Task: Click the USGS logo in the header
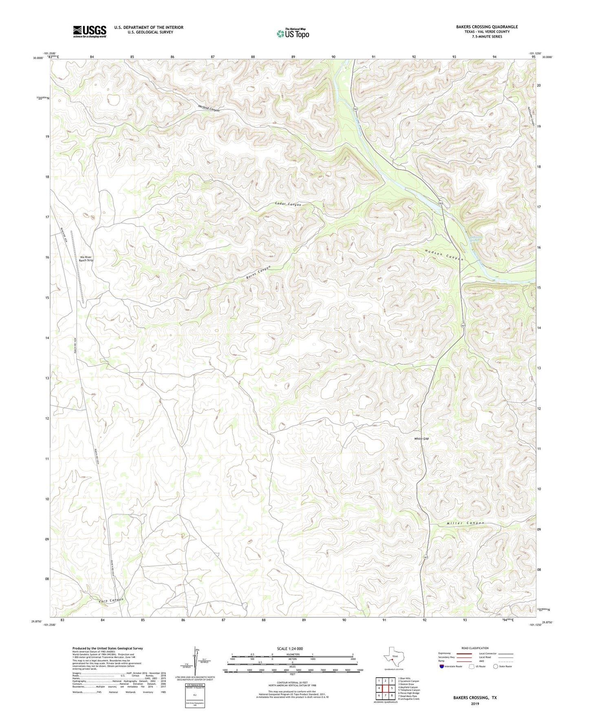click(x=89, y=31)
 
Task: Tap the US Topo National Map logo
click(x=292, y=33)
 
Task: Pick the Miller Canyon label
click(x=465, y=523)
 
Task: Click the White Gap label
click(x=421, y=439)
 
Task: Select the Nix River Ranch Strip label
click(x=86, y=259)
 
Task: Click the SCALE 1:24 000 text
click(x=289, y=648)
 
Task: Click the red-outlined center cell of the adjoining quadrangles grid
click(x=385, y=688)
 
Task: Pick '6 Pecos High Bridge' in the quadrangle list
click(x=408, y=693)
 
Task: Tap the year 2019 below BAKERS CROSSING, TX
click(x=475, y=703)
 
